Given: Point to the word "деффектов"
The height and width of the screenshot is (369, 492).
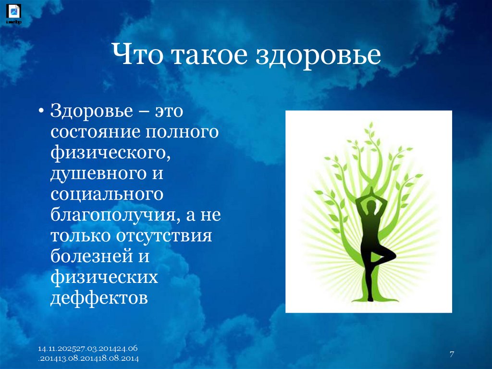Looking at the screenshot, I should point(99,298).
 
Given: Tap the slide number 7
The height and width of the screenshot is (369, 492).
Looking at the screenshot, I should point(452,355).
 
